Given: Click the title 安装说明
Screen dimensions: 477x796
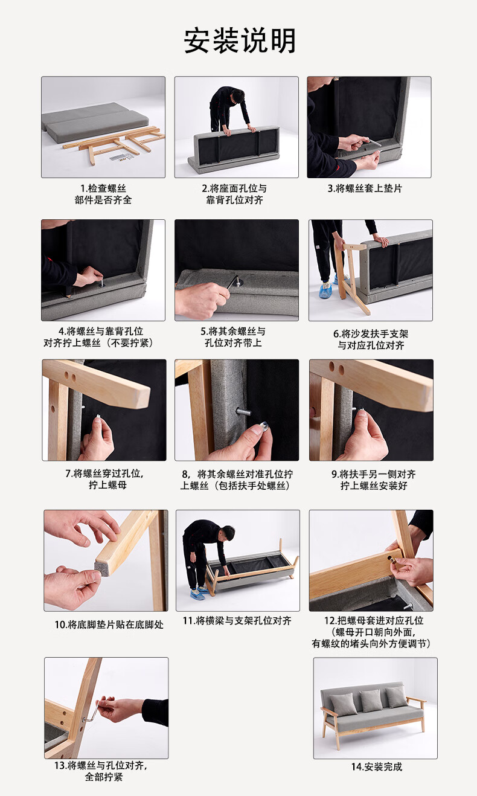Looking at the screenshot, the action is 240,41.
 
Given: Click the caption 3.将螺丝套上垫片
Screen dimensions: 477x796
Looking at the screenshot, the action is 365,188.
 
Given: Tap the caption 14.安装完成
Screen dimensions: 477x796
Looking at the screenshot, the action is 377,766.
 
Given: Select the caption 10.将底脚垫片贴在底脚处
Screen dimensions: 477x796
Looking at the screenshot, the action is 109,624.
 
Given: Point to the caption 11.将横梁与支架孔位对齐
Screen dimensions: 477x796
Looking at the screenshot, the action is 237,620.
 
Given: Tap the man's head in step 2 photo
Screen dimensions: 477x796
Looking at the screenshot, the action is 238,95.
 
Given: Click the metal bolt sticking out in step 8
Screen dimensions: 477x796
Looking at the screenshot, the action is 244,412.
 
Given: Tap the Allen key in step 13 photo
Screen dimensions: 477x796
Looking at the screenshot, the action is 91,713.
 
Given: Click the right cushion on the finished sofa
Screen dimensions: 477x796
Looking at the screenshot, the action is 396,696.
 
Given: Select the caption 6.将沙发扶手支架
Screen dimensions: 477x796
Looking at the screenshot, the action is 371,334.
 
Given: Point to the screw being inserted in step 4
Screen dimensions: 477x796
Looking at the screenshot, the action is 101,283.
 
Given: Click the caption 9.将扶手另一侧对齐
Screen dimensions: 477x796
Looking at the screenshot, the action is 374,474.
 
